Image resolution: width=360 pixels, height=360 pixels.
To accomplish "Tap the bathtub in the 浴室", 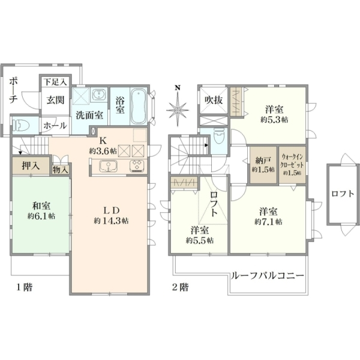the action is click(139, 106).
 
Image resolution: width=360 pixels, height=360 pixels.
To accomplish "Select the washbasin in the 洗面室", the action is click(99, 94).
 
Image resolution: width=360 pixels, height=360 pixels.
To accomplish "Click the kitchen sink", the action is click(109, 166).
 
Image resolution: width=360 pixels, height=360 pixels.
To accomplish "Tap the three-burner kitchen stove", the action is click(137, 166).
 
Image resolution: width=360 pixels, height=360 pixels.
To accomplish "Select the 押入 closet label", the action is click(31, 166).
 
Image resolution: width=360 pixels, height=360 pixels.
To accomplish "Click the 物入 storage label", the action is click(61, 170).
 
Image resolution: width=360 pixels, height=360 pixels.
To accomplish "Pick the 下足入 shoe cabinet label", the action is click(55, 82).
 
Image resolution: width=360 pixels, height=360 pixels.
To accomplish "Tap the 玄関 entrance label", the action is click(55, 100).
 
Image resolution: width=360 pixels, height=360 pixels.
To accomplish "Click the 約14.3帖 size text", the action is click(112, 221).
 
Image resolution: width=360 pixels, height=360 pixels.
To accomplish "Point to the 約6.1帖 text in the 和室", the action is click(41, 216).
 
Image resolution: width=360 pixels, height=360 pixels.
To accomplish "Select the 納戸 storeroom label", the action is click(263, 161).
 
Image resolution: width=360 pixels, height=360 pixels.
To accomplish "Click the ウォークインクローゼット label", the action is click(292, 161).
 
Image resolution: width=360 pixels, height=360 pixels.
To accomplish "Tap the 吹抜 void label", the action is click(214, 100).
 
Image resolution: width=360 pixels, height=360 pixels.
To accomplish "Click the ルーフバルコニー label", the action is click(268, 275).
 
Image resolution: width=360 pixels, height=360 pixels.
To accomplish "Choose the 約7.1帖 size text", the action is click(268, 222).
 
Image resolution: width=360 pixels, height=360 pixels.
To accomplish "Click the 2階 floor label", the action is click(180, 287).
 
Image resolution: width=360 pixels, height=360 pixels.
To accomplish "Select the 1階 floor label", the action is click(25, 287).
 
